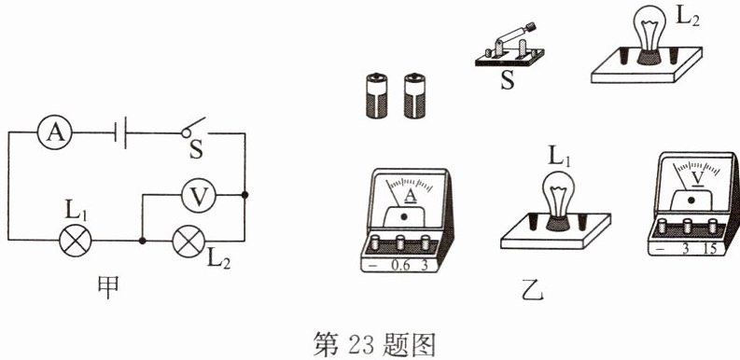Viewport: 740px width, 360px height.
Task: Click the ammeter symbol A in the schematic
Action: [55, 132]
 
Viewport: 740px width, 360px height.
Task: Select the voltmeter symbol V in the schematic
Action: [199, 195]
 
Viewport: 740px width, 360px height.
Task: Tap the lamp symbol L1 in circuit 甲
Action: [75, 241]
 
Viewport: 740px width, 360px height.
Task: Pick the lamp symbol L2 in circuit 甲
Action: [188, 242]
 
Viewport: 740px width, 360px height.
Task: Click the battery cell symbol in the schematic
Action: [120, 133]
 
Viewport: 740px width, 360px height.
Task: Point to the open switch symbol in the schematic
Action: [193, 128]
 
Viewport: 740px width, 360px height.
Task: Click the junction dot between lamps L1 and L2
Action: [142, 241]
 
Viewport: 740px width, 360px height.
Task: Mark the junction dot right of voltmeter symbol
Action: [244, 194]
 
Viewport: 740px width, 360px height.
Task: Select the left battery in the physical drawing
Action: [376, 95]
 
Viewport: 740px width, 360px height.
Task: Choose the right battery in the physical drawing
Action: [414, 95]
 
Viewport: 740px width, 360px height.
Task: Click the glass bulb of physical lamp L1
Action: [558, 190]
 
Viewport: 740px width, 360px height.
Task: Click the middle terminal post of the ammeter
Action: [400, 242]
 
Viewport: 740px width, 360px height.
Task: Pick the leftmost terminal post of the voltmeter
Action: [663, 226]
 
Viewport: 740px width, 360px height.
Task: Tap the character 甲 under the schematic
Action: [108, 287]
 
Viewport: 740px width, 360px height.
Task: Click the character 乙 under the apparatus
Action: [538, 294]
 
